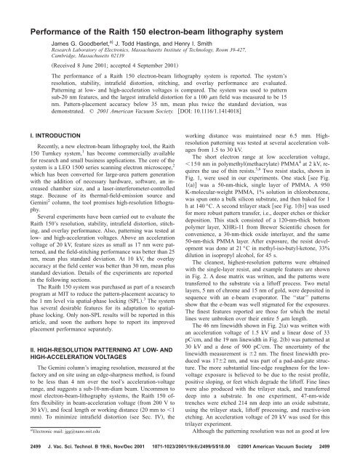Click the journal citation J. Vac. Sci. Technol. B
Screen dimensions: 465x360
52,452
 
